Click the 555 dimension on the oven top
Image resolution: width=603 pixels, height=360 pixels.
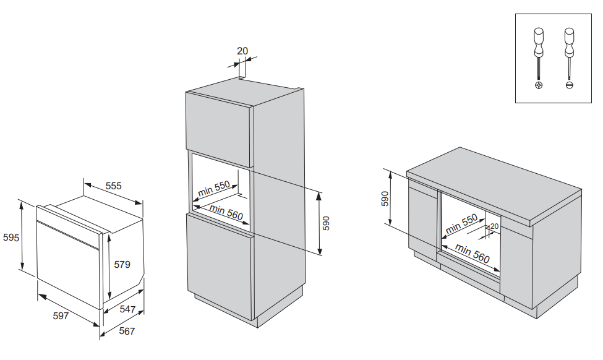(113, 186)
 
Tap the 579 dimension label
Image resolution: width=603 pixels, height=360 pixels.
(122, 265)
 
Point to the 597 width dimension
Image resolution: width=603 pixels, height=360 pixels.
(60, 316)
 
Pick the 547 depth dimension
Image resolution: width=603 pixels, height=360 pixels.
(128, 309)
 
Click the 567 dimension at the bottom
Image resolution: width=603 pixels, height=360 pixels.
(126, 332)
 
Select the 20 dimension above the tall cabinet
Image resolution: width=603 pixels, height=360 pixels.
(242, 51)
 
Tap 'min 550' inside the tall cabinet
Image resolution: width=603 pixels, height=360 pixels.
(214, 188)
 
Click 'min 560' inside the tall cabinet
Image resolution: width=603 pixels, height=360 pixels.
(226, 213)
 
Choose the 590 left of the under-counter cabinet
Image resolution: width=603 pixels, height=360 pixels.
(385, 199)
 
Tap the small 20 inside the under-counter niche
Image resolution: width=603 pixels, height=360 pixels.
(494, 226)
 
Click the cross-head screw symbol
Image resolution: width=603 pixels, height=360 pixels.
(539, 85)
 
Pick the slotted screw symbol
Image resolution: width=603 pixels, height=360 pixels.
(568, 85)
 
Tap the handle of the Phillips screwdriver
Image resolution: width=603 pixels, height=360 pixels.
(539, 40)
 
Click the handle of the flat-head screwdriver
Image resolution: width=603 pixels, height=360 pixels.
(568, 40)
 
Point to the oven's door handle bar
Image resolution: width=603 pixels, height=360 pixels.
(68, 234)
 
